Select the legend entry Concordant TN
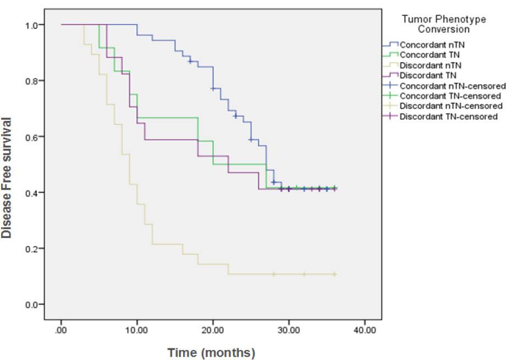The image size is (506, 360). pos(427,55)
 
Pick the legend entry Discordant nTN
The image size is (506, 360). pos(428,65)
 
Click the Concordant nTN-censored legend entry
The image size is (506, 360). pos(446,86)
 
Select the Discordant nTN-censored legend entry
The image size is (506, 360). pos(446,106)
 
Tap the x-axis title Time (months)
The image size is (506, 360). pos(211,352)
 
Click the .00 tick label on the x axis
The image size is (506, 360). pos(61,330)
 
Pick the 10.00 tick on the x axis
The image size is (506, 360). pos(137,330)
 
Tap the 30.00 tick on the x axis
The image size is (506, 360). pos(288,330)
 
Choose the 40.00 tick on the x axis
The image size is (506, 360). pos(364,330)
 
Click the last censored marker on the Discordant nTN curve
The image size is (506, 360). pos(334,274)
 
